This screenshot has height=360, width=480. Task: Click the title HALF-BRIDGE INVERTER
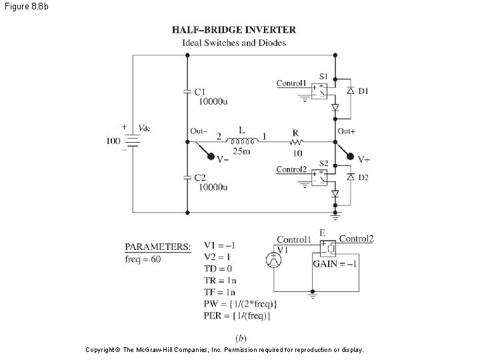click(x=234, y=30)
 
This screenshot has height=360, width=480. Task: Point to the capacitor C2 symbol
click(x=187, y=178)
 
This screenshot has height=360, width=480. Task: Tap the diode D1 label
click(x=363, y=91)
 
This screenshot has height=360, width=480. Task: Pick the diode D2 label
click(x=363, y=177)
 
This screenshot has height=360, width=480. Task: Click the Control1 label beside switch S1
click(x=291, y=83)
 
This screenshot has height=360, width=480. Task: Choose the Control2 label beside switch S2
click(x=291, y=169)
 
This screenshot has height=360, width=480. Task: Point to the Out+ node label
click(x=346, y=131)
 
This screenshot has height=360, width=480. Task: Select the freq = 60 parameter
click(x=143, y=259)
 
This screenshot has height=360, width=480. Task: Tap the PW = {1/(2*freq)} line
click(x=240, y=304)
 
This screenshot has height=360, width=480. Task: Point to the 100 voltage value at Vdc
click(x=113, y=141)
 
